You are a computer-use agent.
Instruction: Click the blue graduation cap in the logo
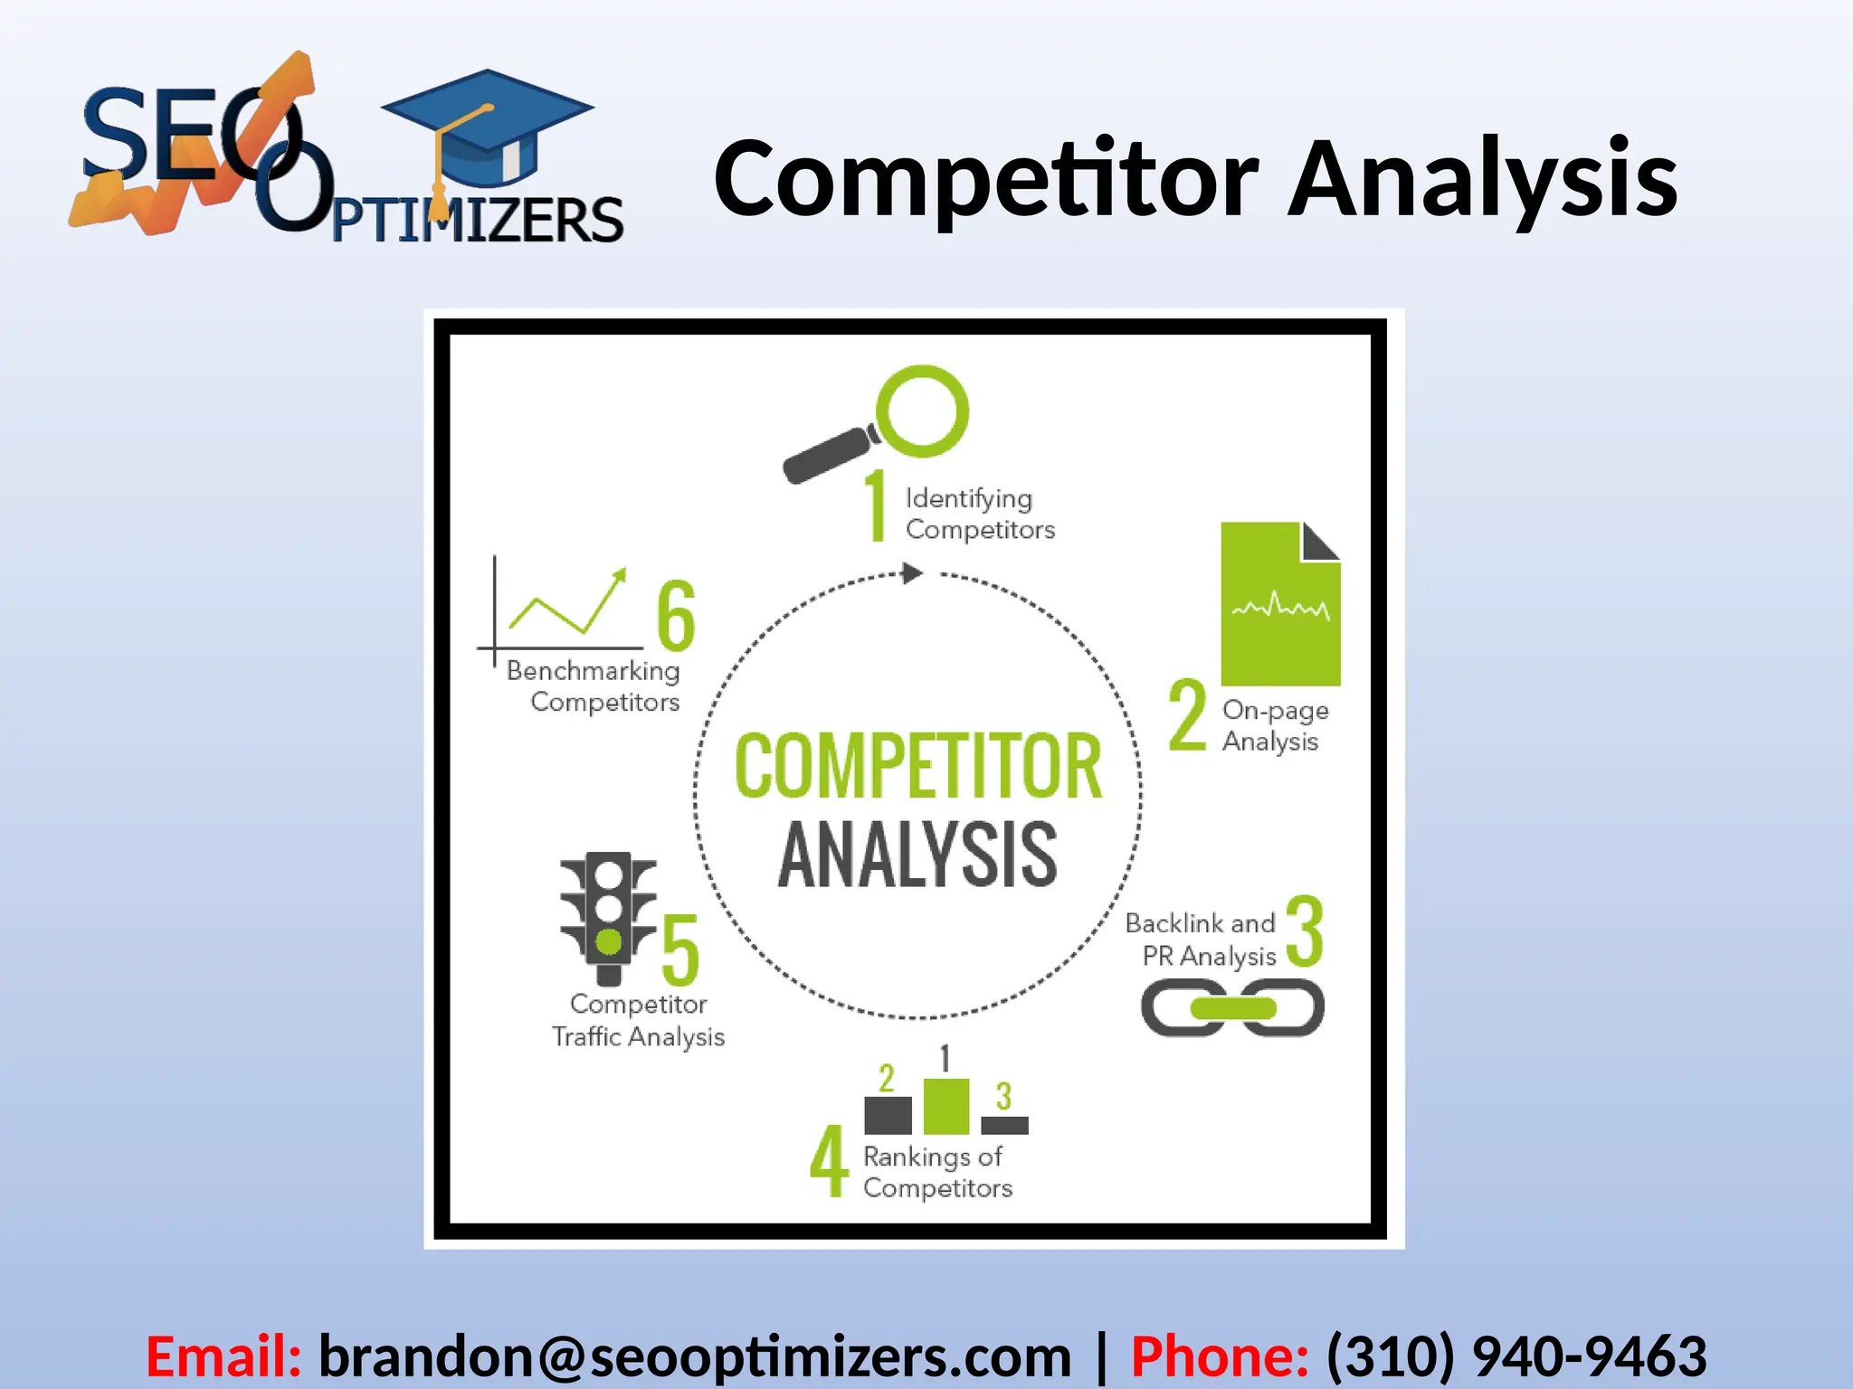tap(489, 122)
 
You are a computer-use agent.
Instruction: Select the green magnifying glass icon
tap(921, 411)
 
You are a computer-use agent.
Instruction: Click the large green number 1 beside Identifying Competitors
tap(876, 506)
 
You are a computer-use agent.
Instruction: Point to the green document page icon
tap(1279, 604)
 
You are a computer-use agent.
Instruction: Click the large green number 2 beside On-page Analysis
tap(1187, 715)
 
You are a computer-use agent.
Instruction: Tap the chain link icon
tap(1232, 1008)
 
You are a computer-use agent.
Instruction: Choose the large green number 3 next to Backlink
tap(1304, 931)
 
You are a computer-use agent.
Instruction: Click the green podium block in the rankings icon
tap(946, 1106)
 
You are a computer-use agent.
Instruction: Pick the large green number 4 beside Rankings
tap(829, 1161)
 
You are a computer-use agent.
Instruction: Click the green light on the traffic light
tap(609, 942)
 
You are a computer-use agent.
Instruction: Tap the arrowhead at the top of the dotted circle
tap(912, 573)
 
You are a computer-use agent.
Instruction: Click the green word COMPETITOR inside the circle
tap(918, 767)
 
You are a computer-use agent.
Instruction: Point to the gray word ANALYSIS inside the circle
tap(917, 855)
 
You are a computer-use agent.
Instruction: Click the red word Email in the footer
tap(223, 1356)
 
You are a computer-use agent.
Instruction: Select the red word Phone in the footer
tap(1219, 1356)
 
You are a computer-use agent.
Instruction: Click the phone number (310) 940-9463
tap(1516, 1356)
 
